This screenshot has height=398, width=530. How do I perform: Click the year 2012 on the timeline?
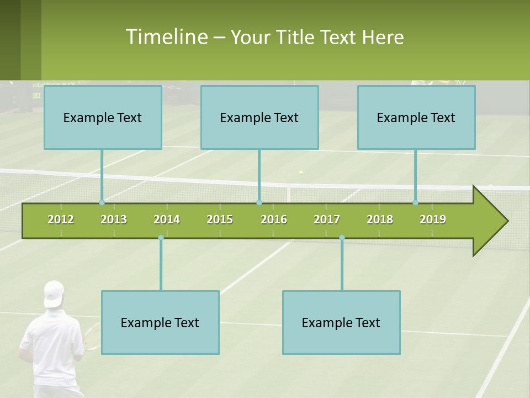pos(61,219)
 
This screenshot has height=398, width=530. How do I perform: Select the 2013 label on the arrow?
pos(114,219)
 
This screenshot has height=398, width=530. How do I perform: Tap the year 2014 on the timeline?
pos(167,219)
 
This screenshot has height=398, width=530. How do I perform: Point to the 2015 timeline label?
pos(220,219)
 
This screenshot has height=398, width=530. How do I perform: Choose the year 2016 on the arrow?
pos(274,219)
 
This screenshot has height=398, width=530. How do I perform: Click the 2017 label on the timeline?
pos(327,219)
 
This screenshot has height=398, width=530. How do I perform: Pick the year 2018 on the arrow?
pos(380,219)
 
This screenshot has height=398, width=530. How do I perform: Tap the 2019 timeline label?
pos(433,219)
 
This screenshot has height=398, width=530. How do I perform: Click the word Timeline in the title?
pos(166,37)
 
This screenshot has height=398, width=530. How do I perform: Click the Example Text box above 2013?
pos(103,117)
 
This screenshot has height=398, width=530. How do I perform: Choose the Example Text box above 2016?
pos(259,117)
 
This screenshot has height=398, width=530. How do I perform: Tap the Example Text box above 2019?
pos(416,117)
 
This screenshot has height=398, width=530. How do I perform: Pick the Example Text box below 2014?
pos(160,322)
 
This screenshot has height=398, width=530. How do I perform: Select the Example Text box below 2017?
pos(341,322)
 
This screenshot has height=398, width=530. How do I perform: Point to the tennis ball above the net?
pos(301,172)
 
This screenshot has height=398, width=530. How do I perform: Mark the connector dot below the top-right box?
pos(416,202)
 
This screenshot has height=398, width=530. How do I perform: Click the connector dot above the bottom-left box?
pos(161,238)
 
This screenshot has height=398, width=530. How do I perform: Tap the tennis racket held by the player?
pos(92,337)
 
